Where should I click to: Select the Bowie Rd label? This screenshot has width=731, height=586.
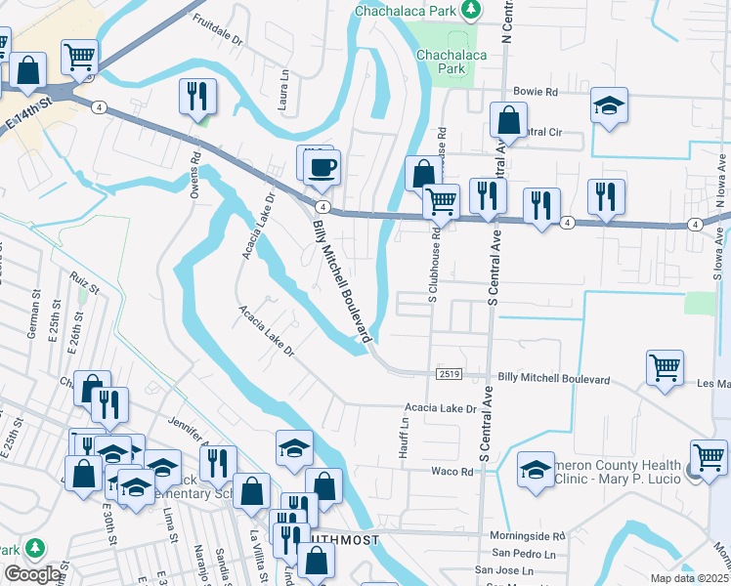(x=535, y=92)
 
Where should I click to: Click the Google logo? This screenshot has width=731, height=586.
(x=32, y=573)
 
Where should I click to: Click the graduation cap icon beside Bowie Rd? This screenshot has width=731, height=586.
(x=610, y=106)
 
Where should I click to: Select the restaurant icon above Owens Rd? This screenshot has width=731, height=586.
(x=197, y=97)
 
